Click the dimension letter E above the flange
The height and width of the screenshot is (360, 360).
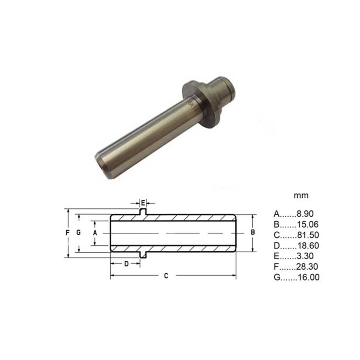[143, 203]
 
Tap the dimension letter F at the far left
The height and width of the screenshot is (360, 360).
[67, 233]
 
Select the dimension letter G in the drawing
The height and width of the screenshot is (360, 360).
[79, 233]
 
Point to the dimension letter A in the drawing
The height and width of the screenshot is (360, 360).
[95, 233]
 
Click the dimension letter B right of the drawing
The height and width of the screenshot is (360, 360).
[253, 232]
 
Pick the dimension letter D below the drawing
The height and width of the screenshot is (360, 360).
[126, 264]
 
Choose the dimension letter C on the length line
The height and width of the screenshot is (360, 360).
[166, 276]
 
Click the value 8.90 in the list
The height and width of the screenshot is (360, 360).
[305, 214]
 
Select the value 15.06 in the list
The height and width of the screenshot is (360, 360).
[308, 225]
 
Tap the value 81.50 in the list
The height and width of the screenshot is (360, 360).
[308, 235]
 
